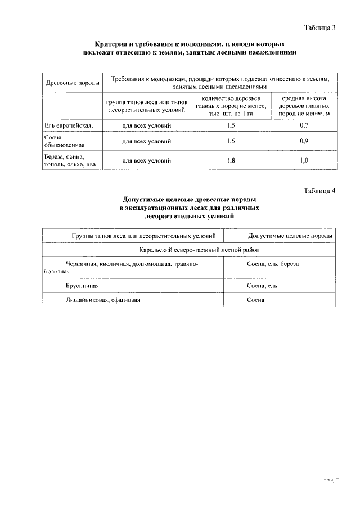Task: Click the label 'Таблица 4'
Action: [319, 191]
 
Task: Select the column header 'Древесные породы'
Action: [73, 83]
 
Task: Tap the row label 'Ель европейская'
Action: [65, 124]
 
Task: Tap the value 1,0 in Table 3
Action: [304, 161]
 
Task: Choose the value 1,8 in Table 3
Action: [231, 161]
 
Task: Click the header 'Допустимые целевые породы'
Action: [290, 236]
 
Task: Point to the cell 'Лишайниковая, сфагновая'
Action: [102, 300]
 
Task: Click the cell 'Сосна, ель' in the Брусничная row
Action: [262, 286]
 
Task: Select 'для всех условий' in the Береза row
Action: [147, 161]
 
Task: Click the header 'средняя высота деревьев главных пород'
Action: [304, 105]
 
